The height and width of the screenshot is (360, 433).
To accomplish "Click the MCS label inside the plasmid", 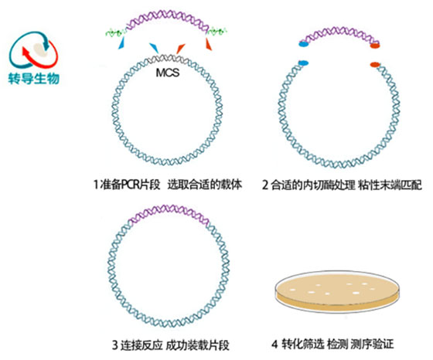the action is click(168, 73).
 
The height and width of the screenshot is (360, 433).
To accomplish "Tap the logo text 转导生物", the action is click(34, 78).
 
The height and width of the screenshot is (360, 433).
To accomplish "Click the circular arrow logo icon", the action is click(34, 50).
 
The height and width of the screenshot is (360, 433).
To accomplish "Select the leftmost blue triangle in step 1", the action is click(121, 43).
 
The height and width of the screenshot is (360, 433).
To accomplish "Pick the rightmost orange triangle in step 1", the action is click(209, 44).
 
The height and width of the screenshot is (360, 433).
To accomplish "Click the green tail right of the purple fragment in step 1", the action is click(217, 31).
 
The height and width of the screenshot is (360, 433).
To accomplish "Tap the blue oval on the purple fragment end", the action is click(303, 44).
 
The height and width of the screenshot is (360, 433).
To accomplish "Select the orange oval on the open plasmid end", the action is click(375, 65).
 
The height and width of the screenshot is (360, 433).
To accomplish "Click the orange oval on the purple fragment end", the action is click(375, 46).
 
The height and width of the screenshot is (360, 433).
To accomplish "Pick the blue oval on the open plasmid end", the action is click(303, 63).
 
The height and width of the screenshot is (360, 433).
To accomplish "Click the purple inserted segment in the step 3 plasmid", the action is click(169, 212).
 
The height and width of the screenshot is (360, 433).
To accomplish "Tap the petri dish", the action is click(337, 291).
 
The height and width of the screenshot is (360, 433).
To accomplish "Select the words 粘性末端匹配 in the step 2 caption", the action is click(390, 185).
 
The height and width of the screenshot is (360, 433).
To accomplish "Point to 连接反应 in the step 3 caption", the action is click(141, 345).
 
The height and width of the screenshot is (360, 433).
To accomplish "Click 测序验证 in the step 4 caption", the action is click(373, 344).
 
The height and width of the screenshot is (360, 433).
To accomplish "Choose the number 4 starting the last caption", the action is click(274, 344).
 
